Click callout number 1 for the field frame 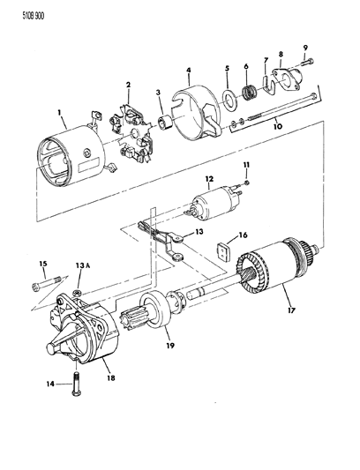[59, 113]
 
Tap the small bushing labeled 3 [164, 123]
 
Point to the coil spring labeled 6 [248, 93]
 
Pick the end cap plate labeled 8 [288, 78]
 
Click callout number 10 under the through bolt [278, 126]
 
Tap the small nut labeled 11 [246, 183]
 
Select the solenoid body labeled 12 [214, 203]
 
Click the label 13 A [79, 265]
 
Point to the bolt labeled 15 [47, 283]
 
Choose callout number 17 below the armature [291, 310]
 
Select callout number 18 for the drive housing [110, 378]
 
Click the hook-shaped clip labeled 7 [270, 86]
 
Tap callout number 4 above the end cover [189, 71]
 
